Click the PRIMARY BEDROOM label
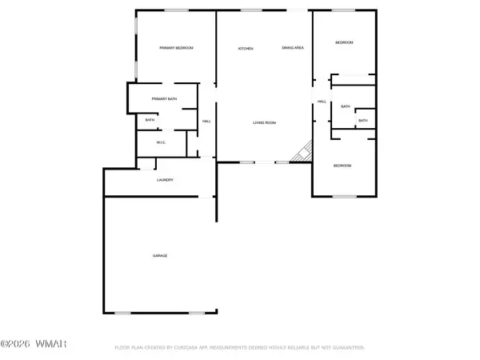pos(176,48)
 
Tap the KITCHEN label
pos(246,50)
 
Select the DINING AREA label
pos(292,49)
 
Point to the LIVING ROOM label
pos(264,122)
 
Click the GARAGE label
pos(160,255)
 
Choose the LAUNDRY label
pos(165,180)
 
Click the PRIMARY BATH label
pos(164,99)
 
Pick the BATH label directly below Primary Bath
pos(150,121)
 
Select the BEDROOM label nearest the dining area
pos(344,42)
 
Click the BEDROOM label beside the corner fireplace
pos(342,165)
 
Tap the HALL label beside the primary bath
pos(206,121)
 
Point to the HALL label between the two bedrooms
pos(322,102)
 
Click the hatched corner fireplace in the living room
pos(303,151)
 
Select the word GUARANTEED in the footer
pos(346,348)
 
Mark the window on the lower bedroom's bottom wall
pos(344,196)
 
